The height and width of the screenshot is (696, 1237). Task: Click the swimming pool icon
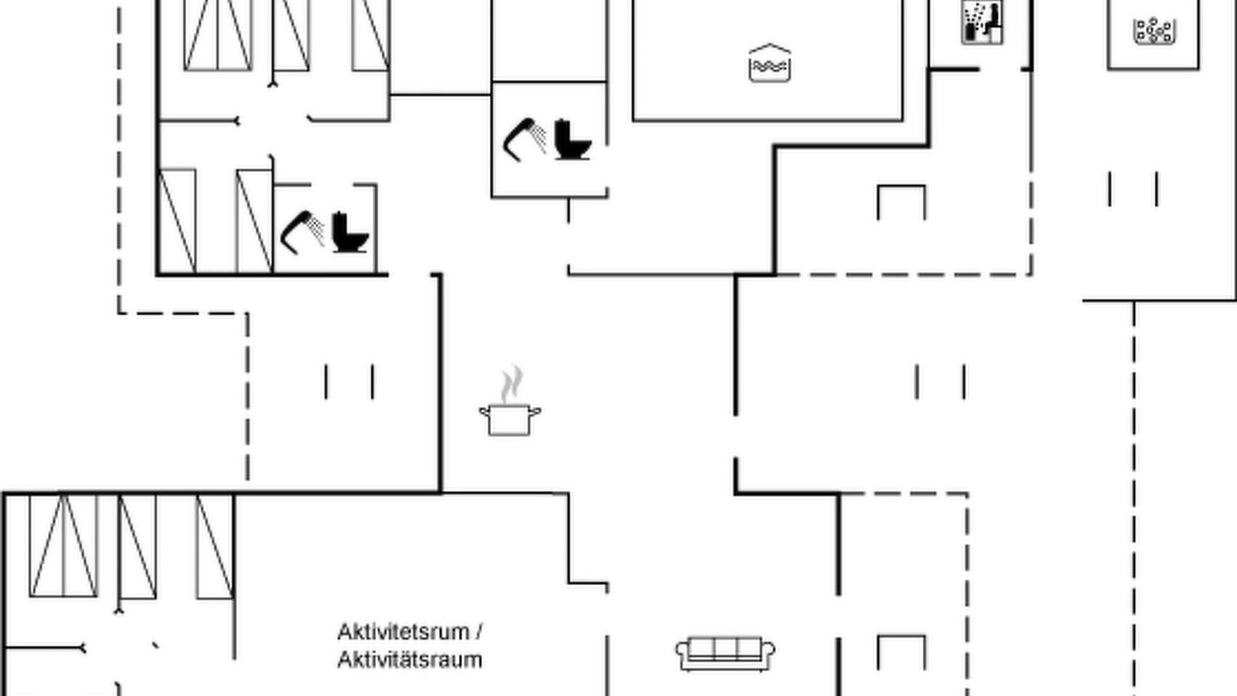(769, 63)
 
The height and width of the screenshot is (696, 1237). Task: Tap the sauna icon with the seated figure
(983, 22)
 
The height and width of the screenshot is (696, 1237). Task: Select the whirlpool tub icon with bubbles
(1154, 31)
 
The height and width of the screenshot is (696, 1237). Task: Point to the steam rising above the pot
(512, 384)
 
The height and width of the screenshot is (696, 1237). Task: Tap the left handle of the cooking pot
(484, 412)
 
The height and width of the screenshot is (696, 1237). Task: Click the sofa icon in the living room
(725, 654)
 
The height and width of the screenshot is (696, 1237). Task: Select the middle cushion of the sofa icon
(725, 649)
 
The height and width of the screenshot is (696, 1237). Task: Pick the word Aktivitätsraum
(410, 659)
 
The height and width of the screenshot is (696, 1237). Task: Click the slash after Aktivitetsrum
(478, 632)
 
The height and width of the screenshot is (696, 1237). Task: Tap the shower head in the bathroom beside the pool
(524, 138)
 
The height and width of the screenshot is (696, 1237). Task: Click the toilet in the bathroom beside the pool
(573, 139)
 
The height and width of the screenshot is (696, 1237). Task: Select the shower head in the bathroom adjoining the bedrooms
(302, 231)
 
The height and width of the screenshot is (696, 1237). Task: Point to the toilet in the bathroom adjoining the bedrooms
(350, 233)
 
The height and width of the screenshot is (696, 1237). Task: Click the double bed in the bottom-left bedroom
(64, 546)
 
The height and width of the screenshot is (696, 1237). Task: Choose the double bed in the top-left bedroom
(218, 34)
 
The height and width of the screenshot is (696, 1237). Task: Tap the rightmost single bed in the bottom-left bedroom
(216, 546)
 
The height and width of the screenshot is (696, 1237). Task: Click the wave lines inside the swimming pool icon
(769, 67)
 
